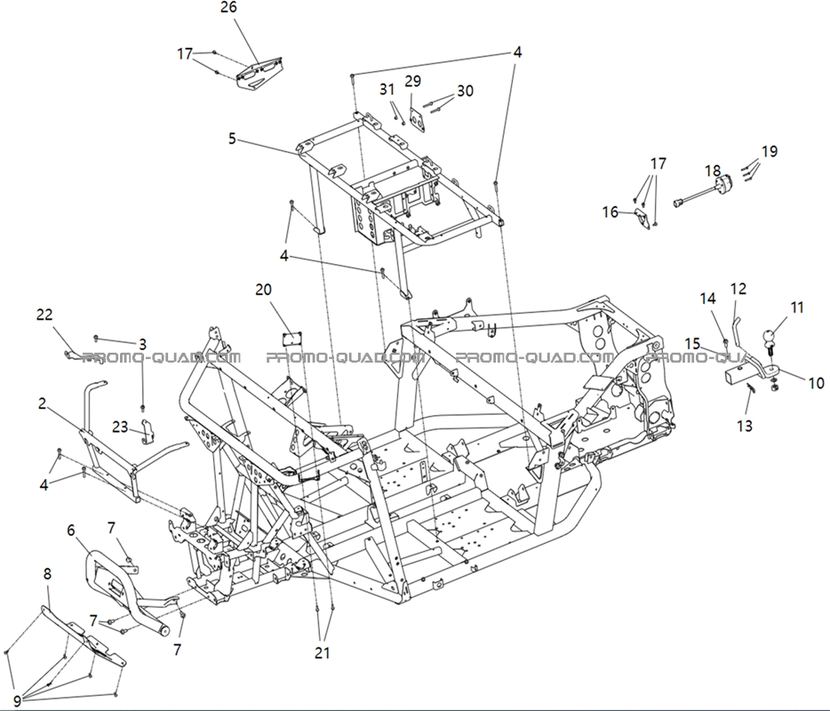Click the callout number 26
[228, 8]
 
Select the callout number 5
[232, 139]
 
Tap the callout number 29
[412, 81]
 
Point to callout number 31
[387, 89]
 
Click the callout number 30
[466, 91]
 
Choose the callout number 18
[713, 170]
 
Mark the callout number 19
[769, 151]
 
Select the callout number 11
[796, 308]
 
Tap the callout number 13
[745, 426]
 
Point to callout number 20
[264, 289]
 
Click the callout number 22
[44, 314]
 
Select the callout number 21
[322, 652]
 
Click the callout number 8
[47, 573]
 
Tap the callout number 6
[71, 531]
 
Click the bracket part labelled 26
[260, 72]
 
